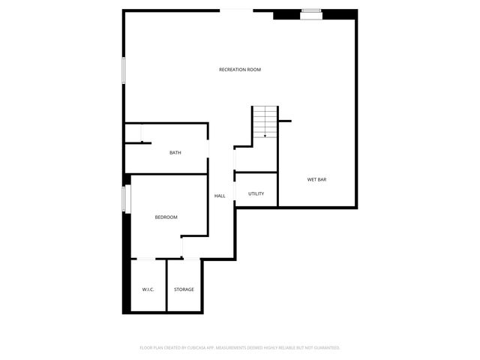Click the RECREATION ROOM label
point(240,70)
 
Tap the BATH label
point(175,153)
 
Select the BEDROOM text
point(166,217)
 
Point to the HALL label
point(220,196)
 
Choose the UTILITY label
point(256,194)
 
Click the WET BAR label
point(316,180)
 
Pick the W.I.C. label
point(148,289)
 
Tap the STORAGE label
point(184,289)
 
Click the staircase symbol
point(265,121)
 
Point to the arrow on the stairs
point(265,135)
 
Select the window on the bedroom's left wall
point(127,199)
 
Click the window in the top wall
point(311,11)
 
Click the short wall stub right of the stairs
point(284,121)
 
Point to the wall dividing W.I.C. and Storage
point(166,285)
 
